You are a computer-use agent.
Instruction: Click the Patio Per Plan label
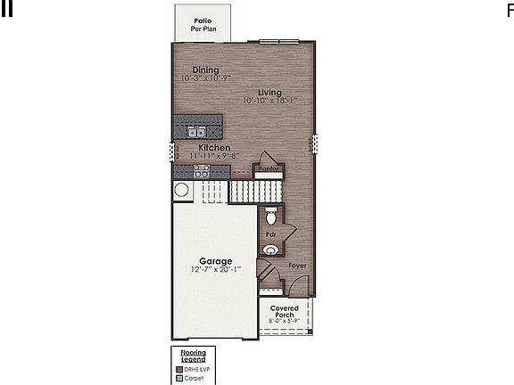pyautogui.click(x=203, y=23)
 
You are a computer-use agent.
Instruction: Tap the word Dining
pyautogui.click(x=204, y=70)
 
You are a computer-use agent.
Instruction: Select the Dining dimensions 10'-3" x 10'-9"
pyautogui.click(x=204, y=78)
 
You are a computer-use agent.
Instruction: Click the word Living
pyautogui.click(x=269, y=92)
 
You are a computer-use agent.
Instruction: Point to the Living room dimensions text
pyautogui.click(x=273, y=101)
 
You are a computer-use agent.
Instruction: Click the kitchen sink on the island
pyautogui.click(x=196, y=133)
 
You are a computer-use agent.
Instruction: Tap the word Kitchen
pyautogui.click(x=214, y=148)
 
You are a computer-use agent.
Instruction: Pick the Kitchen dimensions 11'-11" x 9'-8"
pyautogui.click(x=214, y=156)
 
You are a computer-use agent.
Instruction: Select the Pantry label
pyautogui.click(x=269, y=168)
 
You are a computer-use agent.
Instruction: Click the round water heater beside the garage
pyautogui.click(x=181, y=189)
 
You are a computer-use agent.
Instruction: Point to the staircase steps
pyautogui.click(x=255, y=191)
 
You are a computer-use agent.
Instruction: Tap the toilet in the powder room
pyautogui.click(x=272, y=217)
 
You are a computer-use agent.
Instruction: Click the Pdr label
pyautogui.click(x=269, y=234)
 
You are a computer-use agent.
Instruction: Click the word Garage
pyautogui.click(x=215, y=261)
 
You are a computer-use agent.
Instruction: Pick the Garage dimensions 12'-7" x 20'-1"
pyautogui.click(x=215, y=270)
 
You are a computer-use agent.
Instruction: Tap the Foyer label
pyautogui.click(x=297, y=266)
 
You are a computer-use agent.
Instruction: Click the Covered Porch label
pyautogui.click(x=285, y=311)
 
